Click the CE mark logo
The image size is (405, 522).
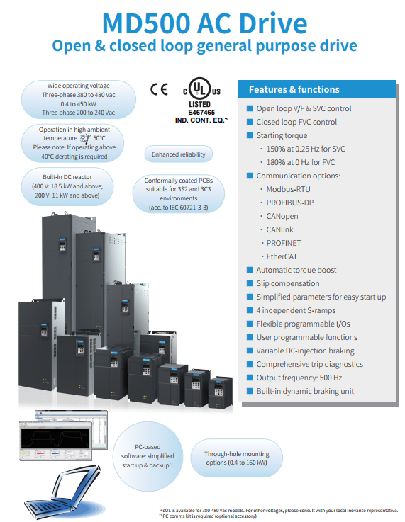(159, 89)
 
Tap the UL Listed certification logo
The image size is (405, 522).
(201, 89)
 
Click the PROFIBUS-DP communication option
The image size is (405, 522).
(290, 203)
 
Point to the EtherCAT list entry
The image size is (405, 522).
(282, 256)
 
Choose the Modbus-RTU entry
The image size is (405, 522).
(289, 189)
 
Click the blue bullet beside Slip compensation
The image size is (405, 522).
(250, 283)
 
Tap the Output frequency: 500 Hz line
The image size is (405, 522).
(299, 378)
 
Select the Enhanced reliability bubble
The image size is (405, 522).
(178, 154)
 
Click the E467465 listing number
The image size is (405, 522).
(201, 113)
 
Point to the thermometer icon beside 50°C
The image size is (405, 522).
(86, 138)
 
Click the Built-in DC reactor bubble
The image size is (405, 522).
(67, 186)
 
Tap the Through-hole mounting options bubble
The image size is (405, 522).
(236, 458)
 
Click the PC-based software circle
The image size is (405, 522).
(148, 456)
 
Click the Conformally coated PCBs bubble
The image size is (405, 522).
(178, 194)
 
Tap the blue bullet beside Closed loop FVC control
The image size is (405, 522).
(250, 122)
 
